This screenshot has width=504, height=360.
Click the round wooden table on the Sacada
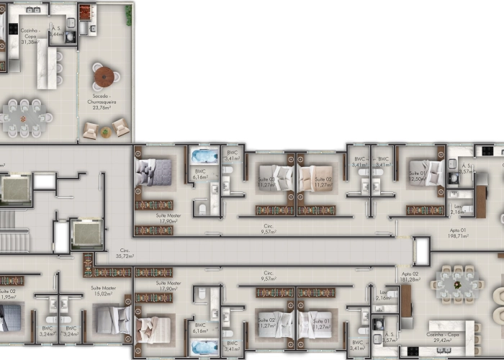click(104, 76)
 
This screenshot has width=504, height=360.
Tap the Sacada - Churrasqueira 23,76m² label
click(106, 102)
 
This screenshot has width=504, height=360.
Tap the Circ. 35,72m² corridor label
click(127, 253)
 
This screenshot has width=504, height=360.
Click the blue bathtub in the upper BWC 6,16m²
click(204, 156)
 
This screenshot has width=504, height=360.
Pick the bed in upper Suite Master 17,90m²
click(153, 172)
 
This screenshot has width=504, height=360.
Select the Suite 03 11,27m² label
click(268, 181)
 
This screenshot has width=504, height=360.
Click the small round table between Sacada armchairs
click(106, 131)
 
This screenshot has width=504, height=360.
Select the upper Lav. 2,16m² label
click(456, 210)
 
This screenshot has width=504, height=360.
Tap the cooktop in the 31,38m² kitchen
click(12, 30)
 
